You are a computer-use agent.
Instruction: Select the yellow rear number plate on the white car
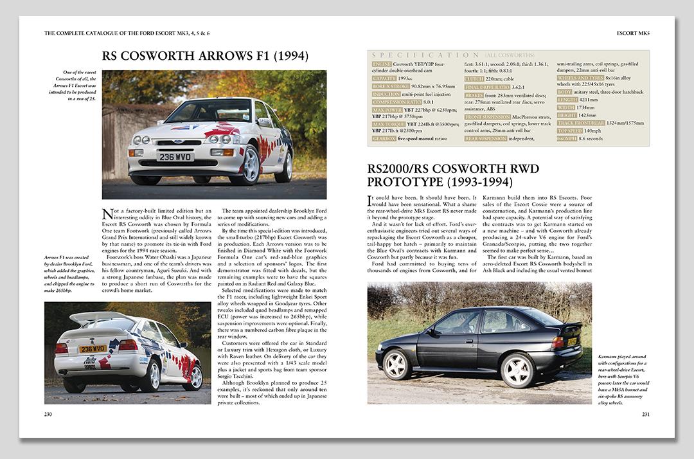pyautogui.click(x=93, y=348)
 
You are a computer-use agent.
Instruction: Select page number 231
pyautogui.click(x=645, y=414)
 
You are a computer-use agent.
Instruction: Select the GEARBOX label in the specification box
pyautogui.click(x=384, y=138)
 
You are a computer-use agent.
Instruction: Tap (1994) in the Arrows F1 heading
pyautogui.click(x=289, y=55)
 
